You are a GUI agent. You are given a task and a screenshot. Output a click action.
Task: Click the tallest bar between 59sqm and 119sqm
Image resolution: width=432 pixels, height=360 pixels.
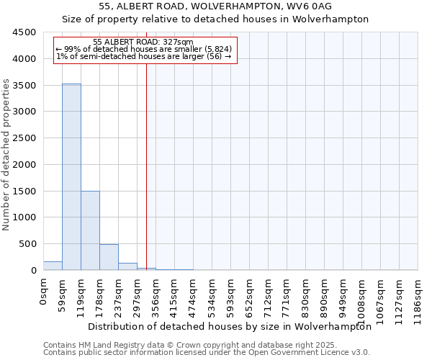71,176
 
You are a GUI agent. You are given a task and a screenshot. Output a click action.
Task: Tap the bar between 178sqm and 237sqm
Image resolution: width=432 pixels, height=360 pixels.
109,257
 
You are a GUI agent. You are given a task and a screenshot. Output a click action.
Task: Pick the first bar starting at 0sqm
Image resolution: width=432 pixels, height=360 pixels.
53,266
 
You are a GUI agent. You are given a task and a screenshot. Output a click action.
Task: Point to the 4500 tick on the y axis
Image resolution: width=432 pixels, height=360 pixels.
24,32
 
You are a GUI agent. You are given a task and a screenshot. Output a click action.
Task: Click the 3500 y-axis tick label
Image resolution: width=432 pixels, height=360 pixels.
24,85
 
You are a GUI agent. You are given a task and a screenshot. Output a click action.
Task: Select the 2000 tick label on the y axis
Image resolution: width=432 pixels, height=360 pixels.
24,164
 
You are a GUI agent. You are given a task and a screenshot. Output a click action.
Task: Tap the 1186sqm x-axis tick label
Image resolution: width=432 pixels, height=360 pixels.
418,299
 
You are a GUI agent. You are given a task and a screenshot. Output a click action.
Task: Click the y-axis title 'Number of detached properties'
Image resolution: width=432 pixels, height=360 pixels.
6,155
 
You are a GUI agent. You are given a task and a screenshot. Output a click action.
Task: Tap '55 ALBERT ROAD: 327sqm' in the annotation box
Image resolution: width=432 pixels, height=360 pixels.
143,42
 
